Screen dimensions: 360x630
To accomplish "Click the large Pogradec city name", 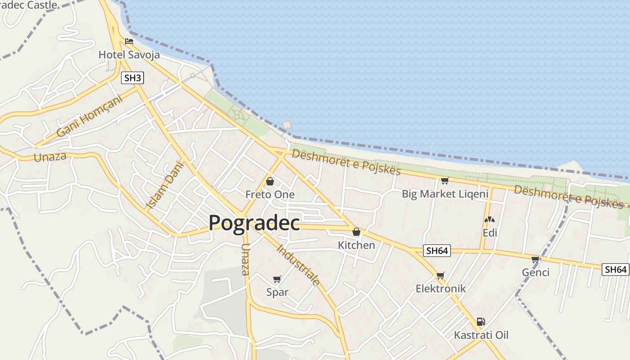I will pos(254,223).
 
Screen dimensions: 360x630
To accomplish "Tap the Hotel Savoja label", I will pos(129,55).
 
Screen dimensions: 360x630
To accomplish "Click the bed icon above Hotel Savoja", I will pos(129,41).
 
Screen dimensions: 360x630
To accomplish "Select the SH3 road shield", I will pos(132,78).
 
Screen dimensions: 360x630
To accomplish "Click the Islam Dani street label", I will pos(160,185).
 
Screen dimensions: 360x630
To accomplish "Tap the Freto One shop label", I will pos(270,194).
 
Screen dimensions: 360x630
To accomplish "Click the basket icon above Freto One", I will pos(270,181).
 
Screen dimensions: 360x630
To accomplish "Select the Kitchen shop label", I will pos(356,245).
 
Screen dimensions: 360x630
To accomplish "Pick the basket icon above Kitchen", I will pos(356,232).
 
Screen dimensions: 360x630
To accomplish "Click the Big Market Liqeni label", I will pos(445,194).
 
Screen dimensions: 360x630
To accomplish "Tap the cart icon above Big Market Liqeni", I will pos(445,180).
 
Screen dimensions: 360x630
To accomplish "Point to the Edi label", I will pos(490,233).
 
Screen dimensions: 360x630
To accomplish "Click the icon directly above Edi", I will pos(490,220).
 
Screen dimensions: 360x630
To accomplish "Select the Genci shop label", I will pos(535,272).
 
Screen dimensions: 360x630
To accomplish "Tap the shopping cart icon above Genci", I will pos(535,259).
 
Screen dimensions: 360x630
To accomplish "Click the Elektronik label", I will pos(441,288).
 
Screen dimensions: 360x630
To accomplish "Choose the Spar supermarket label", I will pos(277,292).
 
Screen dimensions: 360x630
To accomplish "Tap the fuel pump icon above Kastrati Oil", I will pos(481,322).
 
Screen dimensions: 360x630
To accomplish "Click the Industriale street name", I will pos(298,265).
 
